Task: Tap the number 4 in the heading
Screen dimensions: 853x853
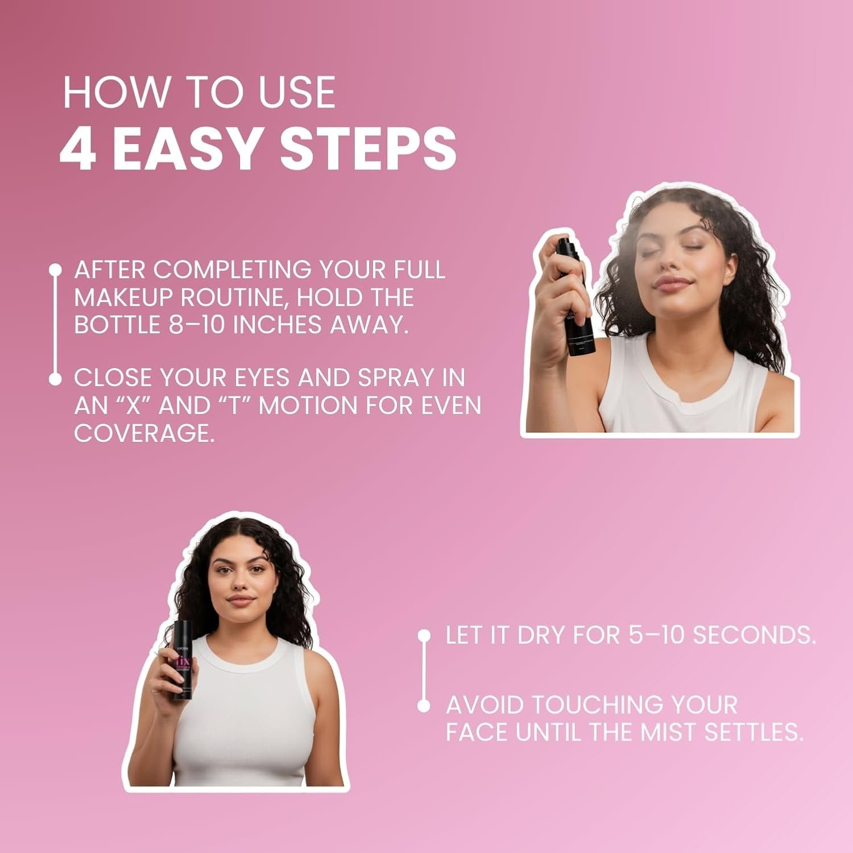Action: [77, 148]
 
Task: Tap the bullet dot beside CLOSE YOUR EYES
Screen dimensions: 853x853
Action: [55, 378]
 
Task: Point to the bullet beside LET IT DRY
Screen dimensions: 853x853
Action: [424, 635]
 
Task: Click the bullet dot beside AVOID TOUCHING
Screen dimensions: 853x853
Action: [424, 706]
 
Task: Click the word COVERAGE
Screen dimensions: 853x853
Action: [144, 433]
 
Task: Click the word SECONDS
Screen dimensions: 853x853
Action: [755, 635]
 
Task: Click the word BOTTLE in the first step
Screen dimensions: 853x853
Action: [117, 325]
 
